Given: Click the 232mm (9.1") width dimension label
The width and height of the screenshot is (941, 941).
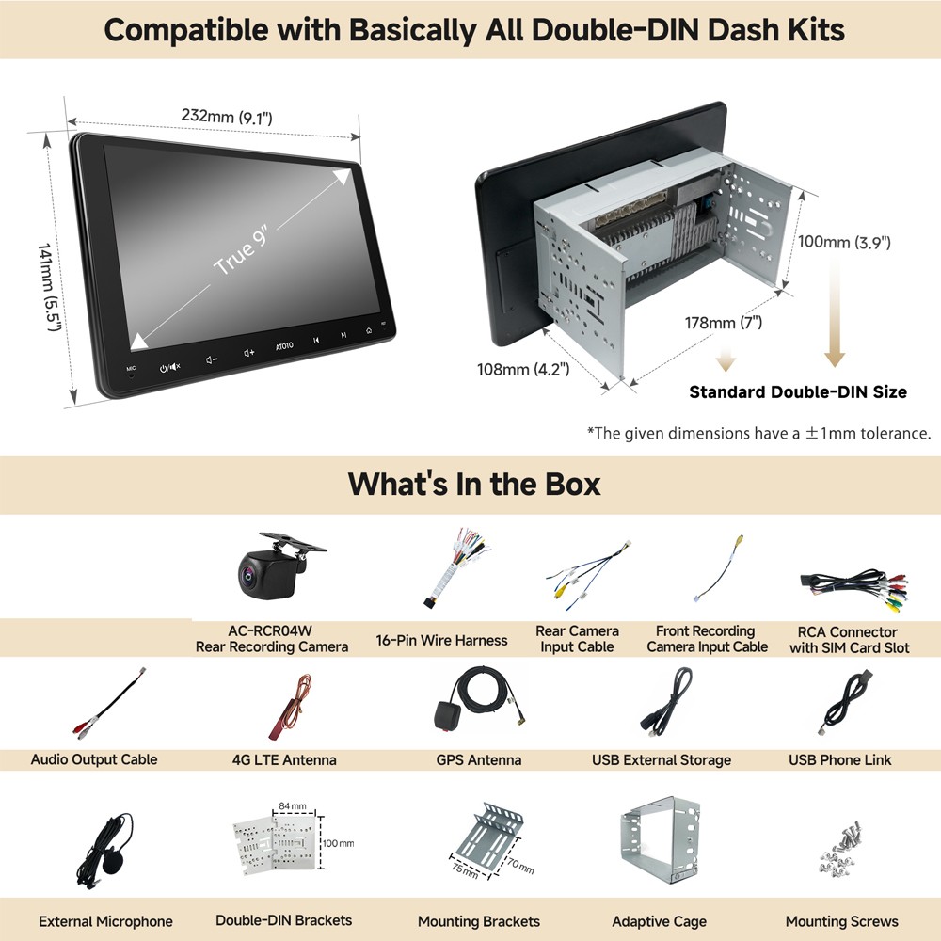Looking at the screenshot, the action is [227, 116].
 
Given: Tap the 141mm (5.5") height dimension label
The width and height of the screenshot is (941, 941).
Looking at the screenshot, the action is [49, 287].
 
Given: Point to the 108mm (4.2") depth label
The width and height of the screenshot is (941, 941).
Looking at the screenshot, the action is [522, 369].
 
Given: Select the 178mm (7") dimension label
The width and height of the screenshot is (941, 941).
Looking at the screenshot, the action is [723, 323].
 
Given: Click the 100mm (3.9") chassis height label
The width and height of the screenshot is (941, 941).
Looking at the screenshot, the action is [844, 243].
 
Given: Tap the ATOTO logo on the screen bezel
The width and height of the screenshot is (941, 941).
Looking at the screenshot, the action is [284, 346].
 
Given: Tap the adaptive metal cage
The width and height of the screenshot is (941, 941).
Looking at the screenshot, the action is [659, 840].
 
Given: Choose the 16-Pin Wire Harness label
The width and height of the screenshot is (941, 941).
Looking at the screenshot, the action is [441, 640].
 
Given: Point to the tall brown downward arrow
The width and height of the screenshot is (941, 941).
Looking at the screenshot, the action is [834, 312].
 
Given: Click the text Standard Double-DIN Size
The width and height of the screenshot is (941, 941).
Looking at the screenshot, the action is [798, 391].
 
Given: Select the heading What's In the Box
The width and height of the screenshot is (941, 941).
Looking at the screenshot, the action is [474, 484].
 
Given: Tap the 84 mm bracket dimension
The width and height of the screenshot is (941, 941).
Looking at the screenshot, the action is [293, 806].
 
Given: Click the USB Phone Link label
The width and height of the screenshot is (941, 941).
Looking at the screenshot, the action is [839, 759].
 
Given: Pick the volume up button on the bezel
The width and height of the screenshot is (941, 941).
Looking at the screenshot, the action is [249, 353].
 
